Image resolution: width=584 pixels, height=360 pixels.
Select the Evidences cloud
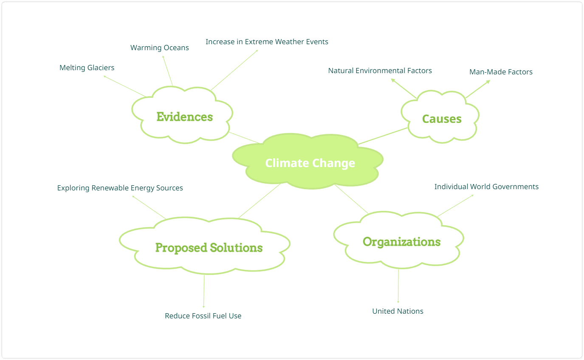click(183, 115)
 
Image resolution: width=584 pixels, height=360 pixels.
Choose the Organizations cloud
click(399, 240)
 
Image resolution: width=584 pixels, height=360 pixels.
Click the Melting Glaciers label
click(87, 68)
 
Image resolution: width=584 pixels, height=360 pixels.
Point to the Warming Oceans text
click(160, 48)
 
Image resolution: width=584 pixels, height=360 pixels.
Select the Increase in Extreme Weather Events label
click(267, 42)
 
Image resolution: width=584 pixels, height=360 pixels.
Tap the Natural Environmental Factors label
click(380, 71)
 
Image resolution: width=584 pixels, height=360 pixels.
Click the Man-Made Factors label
click(501, 72)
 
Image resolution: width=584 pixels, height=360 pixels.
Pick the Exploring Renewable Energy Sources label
click(120, 188)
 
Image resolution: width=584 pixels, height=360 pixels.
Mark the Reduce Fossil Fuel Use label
click(203, 316)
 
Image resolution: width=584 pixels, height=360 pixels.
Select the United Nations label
click(398, 311)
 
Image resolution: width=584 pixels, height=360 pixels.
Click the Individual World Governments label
click(486, 187)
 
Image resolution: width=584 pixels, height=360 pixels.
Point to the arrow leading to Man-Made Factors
click(478, 89)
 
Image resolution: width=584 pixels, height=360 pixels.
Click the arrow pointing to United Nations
click(398, 286)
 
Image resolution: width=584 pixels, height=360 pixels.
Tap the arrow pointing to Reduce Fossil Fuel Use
click(204, 291)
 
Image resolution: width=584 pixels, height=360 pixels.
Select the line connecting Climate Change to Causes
click(383, 136)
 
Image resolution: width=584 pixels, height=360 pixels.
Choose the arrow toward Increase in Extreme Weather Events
click(234, 70)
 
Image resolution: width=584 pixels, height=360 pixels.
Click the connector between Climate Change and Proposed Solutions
click(260, 201)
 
